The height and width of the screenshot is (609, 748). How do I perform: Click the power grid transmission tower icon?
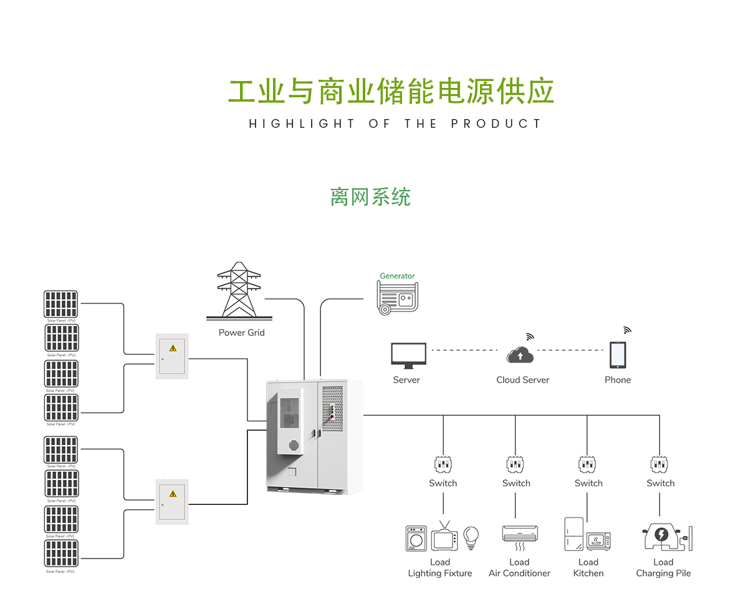pyautogui.click(x=238, y=291)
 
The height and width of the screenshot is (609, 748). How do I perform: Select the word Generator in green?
pyautogui.click(x=397, y=276)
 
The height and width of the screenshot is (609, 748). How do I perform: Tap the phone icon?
pyautogui.click(x=618, y=355)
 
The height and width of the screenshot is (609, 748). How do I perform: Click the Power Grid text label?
pyautogui.click(x=241, y=333)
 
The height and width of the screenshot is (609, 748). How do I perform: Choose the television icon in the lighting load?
pyautogui.click(x=444, y=537)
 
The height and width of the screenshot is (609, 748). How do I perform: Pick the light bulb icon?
pyautogui.click(x=471, y=536)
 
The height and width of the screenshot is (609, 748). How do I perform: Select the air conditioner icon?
pyautogui.click(x=519, y=534)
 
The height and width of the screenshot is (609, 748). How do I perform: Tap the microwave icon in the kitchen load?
pyautogui.click(x=598, y=540)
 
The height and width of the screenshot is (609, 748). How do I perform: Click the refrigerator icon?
pyautogui.click(x=573, y=534)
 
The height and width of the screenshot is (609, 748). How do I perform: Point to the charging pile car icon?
pyautogui.click(x=661, y=537)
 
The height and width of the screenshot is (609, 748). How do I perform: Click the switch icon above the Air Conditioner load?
pyautogui.click(x=515, y=464)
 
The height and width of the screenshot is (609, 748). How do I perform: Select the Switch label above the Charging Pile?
pyautogui.click(x=660, y=483)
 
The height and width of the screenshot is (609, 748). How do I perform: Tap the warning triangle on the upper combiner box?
pyautogui.click(x=173, y=348)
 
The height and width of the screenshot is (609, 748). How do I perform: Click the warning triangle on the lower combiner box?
pyautogui.click(x=173, y=494)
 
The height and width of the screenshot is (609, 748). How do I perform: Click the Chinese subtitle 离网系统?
pyautogui.click(x=370, y=197)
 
